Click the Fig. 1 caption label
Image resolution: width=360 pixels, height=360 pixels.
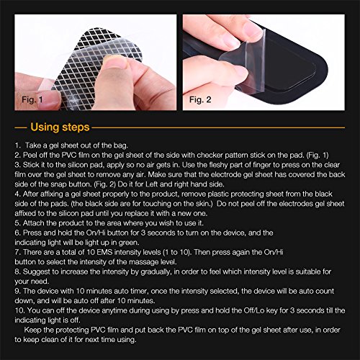click(x=32, y=99)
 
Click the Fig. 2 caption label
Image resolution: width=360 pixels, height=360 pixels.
click(x=200, y=99)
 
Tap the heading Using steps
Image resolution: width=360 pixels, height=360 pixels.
click(x=60, y=127)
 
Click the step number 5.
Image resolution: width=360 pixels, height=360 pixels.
click(x=17, y=223)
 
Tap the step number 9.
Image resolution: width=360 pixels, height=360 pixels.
click(x=17, y=291)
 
